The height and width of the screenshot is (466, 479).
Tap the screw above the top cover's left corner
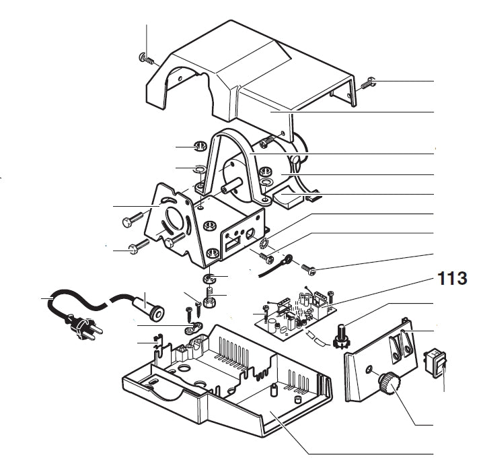click(143, 57)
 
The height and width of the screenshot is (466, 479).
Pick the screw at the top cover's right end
click(367, 85)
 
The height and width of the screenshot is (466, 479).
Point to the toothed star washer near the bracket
click(264, 240)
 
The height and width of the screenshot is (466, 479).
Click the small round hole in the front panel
click(369, 370)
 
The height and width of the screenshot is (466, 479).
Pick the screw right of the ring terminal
click(310, 268)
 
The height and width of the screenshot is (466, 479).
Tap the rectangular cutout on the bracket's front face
click(233, 241)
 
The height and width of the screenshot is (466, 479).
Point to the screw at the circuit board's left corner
click(267, 310)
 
